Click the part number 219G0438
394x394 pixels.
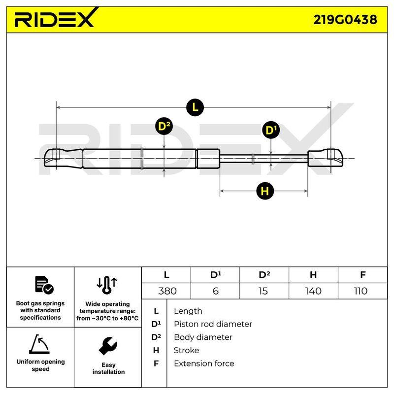tap(345, 20)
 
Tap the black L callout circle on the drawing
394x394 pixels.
tap(195, 107)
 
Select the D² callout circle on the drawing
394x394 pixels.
tap(164, 126)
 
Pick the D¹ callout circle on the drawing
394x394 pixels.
tap(271, 130)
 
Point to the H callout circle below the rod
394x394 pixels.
tap(265, 191)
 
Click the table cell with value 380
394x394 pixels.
tap(166, 291)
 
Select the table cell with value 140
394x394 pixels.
tap(313, 291)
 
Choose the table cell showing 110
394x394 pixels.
tap(362, 291)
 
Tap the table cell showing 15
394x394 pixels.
tap(264, 291)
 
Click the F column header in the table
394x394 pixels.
tap(362, 275)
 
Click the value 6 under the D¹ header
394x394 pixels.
tap(215, 291)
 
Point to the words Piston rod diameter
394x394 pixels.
tap(213, 324)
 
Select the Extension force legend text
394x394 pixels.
tap(204, 363)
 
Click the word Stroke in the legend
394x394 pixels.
tap(187, 350)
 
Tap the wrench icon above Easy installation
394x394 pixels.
tap(108, 346)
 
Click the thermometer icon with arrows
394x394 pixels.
tap(107, 285)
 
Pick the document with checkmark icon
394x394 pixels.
tap(44, 285)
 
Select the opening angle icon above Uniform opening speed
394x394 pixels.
tap(39, 344)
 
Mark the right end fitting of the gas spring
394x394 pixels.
tap(326, 158)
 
